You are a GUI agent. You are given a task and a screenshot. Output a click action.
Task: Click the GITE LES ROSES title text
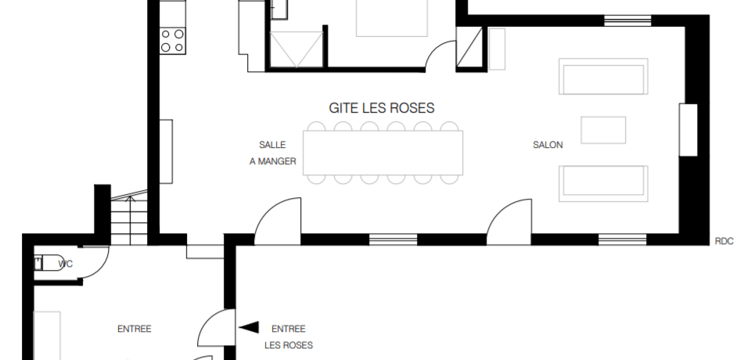[x=381, y=108]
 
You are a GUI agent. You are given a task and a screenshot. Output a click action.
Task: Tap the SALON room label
[x=548, y=145]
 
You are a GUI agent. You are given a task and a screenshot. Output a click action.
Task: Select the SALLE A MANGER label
[x=273, y=153]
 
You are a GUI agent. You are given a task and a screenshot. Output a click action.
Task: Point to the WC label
[x=66, y=264]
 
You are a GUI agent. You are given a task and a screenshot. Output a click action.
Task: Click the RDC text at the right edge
[x=724, y=241]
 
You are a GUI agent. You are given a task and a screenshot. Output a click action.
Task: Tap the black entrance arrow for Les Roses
[x=249, y=327]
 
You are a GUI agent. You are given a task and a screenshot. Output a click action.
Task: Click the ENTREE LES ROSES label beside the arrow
[x=289, y=337]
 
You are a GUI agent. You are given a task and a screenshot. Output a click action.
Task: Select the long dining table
[x=383, y=153]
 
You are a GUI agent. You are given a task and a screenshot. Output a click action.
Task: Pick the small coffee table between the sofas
[x=603, y=130]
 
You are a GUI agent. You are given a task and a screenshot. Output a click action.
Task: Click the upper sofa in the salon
[x=603, y=77]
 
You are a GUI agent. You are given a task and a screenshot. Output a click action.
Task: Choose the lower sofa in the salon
[x=603, y=184]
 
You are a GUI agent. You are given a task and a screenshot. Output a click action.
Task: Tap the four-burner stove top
[x=172, y=41]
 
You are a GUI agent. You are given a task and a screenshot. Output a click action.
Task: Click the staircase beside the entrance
[x=129, y=218]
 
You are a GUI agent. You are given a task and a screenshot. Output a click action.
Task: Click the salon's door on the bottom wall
[x=509, y=222]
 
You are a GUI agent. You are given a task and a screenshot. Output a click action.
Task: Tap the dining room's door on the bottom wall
[x=278, y=221]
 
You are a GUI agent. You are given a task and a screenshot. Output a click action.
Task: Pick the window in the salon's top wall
[x=627, y=20]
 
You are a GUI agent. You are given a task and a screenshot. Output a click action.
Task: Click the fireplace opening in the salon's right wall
[x=688, y=130]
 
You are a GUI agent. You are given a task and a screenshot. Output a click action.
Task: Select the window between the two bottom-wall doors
[x=393, y=239]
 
